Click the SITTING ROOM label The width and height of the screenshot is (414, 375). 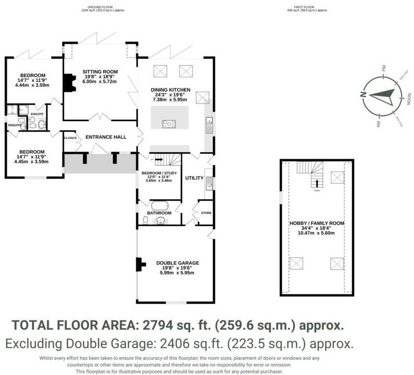tap(100, 72)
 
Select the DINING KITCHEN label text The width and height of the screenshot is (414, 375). tap(170, 89)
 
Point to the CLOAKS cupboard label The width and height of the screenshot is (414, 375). tap(70, 138)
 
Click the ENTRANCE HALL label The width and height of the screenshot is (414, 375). tap(106, 137)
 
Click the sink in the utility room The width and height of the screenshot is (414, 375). tap(209, 183)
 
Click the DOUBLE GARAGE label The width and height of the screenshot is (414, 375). tap(177, 263)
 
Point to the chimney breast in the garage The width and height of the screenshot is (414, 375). tap(140, 265)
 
